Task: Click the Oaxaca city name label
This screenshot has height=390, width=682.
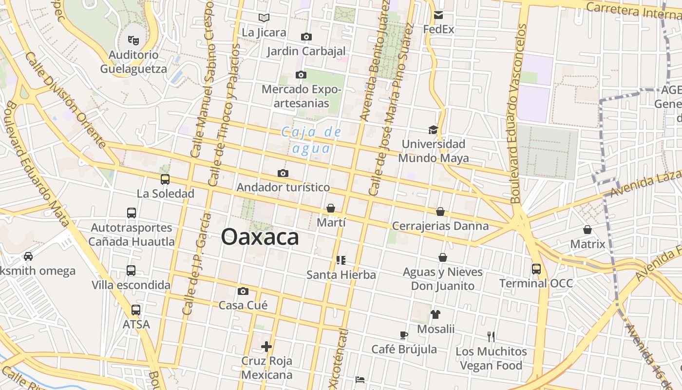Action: coord(260,237)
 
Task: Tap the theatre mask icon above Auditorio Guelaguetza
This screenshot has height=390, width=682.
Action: coord(133,40)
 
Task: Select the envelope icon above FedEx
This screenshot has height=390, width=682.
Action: coord(438,15)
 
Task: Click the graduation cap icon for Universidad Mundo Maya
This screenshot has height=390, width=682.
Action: coord(433,130)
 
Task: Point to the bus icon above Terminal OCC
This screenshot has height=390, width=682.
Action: coord(536,269)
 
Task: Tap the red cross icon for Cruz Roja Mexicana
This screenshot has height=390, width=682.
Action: coord(266,347)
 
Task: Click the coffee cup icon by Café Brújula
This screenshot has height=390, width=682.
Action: coord(404,335)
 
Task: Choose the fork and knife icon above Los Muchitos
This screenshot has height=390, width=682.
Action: coord(491,336)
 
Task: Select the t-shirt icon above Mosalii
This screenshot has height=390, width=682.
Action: coord(435,314)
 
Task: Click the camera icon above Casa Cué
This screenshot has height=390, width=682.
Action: coord(243,292)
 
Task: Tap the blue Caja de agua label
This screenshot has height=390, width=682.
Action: coord(312,140)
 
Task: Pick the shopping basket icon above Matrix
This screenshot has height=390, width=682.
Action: coord(587,230)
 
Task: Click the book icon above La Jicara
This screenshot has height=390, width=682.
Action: coord(264,18)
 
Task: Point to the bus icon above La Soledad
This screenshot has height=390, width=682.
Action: coord(165,179)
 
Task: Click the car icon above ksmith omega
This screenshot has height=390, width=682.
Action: coord(28,256)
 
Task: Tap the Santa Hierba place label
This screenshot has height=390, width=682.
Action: coord(341,275)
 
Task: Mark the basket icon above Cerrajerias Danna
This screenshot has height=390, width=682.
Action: coord(440,212)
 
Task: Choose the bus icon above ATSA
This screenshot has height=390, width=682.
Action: coord(136,310)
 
